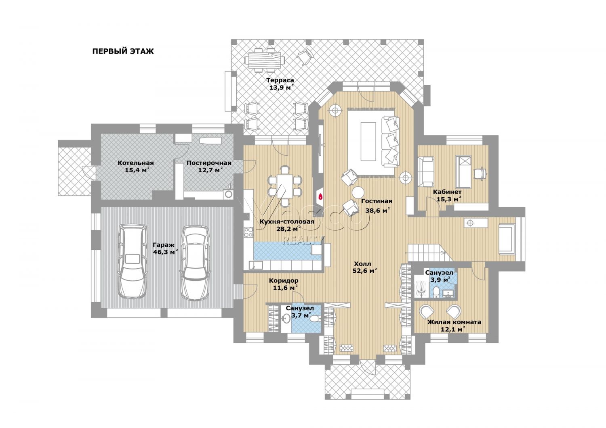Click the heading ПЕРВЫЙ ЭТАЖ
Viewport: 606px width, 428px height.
[123, 51]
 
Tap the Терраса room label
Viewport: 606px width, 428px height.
[280, 80]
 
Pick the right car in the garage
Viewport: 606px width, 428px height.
[195, 262]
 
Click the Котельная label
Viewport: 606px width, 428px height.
[135, 163]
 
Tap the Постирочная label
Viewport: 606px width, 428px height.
[209, 163]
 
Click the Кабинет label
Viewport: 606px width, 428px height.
[447, 192]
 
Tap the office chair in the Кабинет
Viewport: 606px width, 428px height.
[480, 173]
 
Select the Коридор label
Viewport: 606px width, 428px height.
[284, 281]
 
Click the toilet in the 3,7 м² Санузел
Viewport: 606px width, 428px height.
[314, 319]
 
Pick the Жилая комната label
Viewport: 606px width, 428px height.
[454, 322]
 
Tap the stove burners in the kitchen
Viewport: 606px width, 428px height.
[248, 232]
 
